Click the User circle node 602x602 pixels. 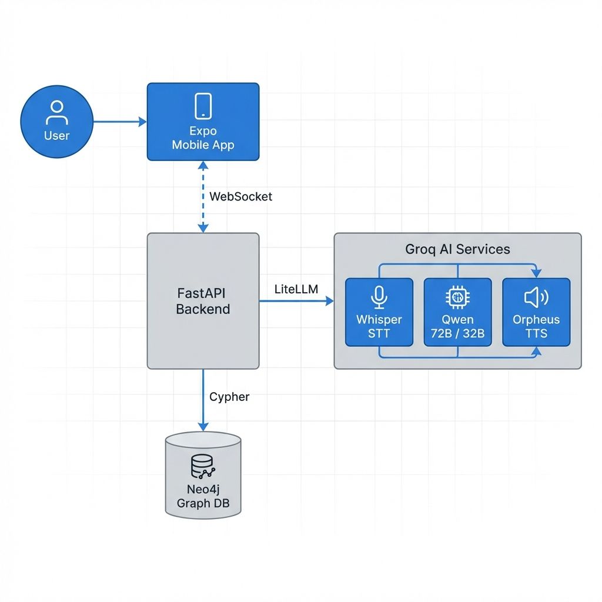56,122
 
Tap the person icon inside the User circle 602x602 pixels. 56,112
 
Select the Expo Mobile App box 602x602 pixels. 203,122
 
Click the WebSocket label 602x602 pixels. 240,196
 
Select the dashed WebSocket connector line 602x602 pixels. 203,196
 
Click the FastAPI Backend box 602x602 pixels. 203,300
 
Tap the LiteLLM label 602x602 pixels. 296,289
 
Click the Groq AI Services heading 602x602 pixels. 457,249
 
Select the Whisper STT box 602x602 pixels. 379,312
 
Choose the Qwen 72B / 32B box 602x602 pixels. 457,312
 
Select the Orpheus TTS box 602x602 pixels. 536,312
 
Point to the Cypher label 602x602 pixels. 229,397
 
